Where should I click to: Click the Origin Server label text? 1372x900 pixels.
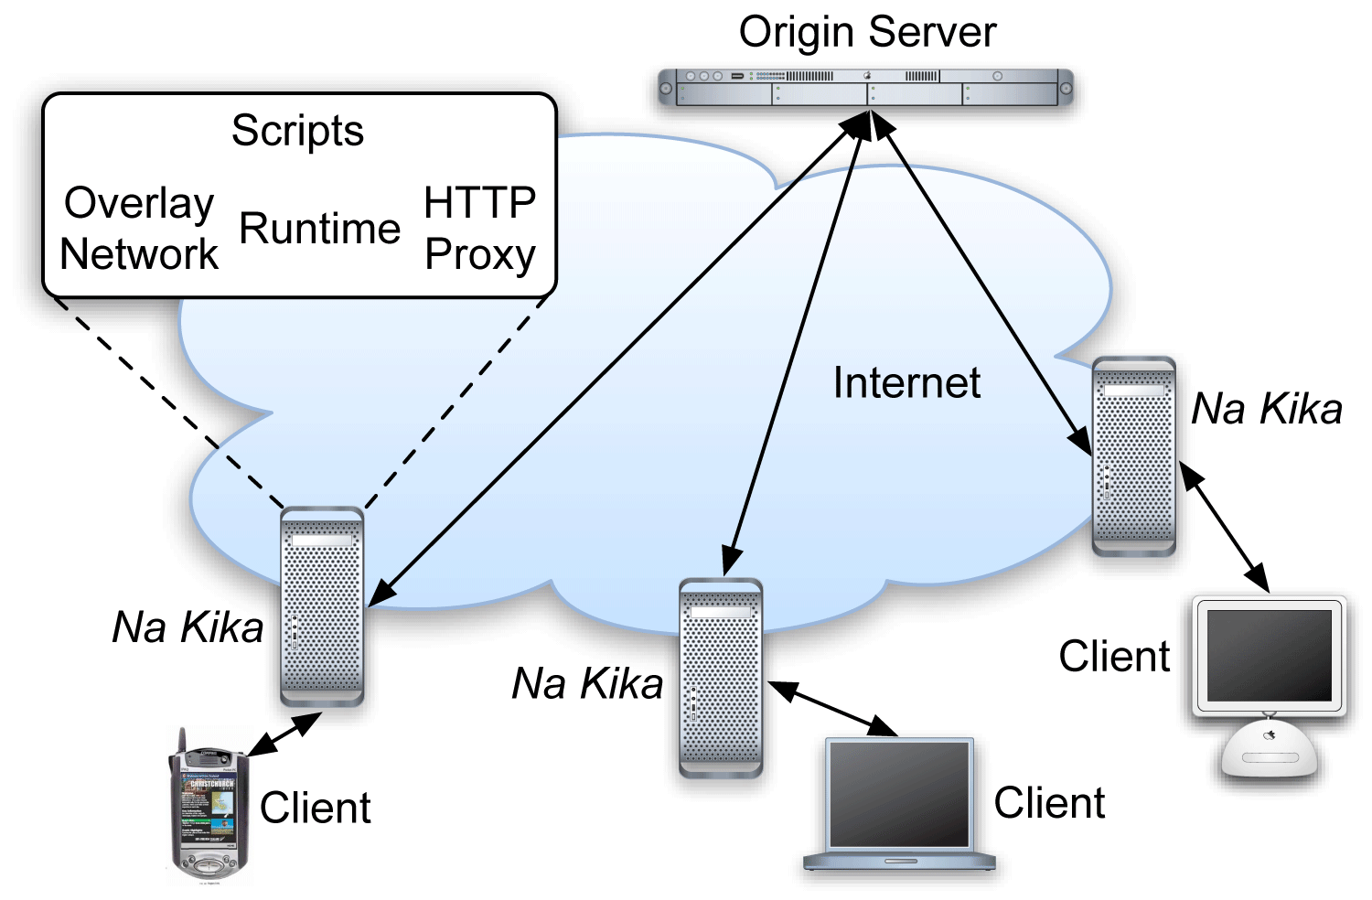click(866, 33)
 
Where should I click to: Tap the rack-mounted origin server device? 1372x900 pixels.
click(865, 88)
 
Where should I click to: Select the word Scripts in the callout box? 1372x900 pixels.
click(297, 131)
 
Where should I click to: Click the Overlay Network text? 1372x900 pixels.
click(139, 229)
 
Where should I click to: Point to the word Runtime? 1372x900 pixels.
click(320, 229)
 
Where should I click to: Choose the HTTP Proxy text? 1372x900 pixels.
click(480, 229)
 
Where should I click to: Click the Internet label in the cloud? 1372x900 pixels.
click(906, 382)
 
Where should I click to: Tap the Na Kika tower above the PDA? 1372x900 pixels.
click(322, 605)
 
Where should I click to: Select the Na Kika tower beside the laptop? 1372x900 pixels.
click(721, 678)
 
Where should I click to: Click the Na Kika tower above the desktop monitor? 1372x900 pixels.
click(1134, 455)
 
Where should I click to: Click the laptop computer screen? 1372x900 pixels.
click(899, 794)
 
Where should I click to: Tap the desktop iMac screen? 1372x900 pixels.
click(1270, 655)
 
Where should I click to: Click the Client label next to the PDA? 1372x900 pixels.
click(316, 809)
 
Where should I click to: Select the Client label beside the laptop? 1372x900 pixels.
click(1049, 803)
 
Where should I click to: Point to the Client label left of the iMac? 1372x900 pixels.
click(1114, 656)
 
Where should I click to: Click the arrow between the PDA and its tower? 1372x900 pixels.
click(284, 734)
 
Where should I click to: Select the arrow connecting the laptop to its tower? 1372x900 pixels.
click(832, 708)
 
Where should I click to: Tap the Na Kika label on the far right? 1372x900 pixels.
click(1267, 409)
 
